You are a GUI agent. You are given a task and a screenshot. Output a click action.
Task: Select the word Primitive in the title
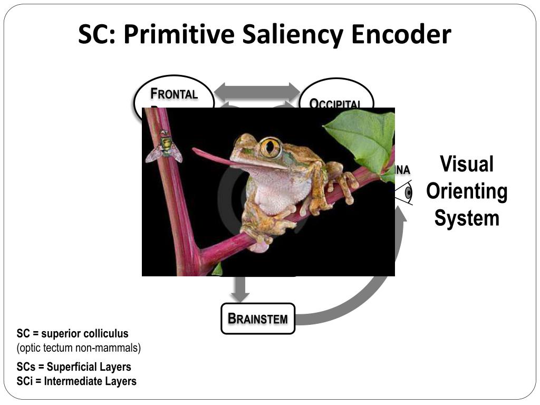coord(179,35)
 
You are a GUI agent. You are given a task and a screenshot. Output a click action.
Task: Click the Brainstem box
coord(258,319)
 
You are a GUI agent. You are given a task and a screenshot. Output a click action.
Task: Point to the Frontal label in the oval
coord(174,94)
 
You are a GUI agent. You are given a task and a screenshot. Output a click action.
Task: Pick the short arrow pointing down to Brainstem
coord(240,288)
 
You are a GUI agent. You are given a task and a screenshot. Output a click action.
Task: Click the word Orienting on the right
coord(467,191)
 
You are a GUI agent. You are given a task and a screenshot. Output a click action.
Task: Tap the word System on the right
coord(467,218)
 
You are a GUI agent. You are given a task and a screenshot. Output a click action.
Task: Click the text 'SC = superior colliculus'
coord(72,334)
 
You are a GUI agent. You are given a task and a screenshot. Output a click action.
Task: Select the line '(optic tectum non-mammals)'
coord(79,348)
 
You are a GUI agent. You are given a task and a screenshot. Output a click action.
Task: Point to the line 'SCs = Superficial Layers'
coord(74,367)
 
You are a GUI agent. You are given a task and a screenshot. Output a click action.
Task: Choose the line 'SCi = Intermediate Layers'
coord(76,381)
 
